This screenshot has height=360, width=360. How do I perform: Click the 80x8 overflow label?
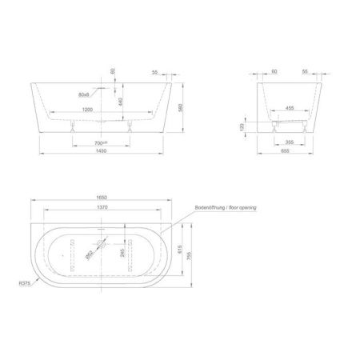84,94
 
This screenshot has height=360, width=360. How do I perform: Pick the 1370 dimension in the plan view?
102,206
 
